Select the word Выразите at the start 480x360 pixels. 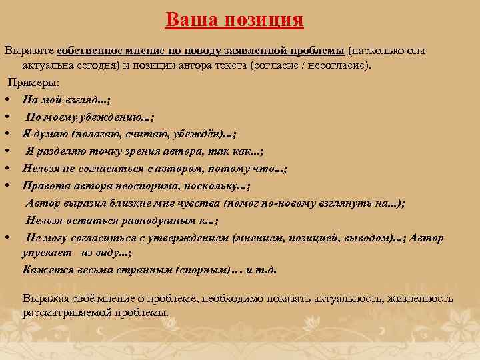(x=29, y=51)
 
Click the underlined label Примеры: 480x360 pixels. (x=33, y=83)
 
